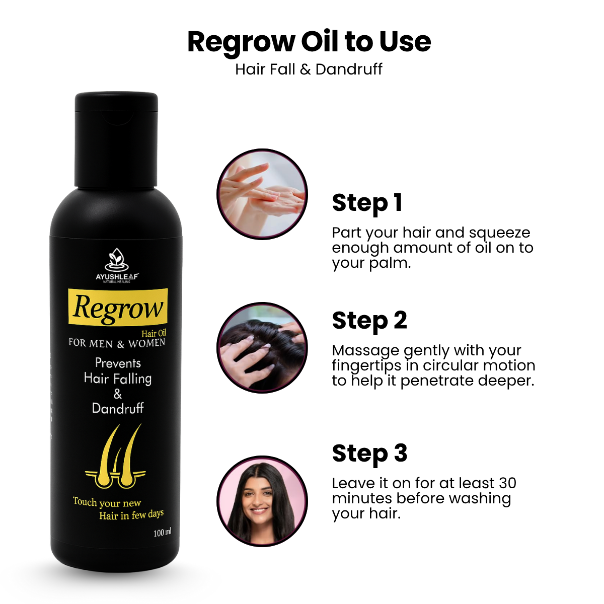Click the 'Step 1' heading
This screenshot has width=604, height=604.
click(367, 203)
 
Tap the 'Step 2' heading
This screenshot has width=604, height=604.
click(369, 321)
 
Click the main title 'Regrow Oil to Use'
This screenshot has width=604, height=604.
click(309, 42)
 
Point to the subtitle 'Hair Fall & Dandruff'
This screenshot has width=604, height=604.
click(309, 69)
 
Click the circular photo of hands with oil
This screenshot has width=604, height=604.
click(262, 194)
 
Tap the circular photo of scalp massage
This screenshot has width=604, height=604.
click(262, 348)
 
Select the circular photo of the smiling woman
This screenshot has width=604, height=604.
click(262, 501)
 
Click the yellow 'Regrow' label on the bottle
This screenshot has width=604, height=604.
click(118, 307)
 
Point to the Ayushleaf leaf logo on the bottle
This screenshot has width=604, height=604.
click(117, 260)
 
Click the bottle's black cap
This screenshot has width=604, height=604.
click(116, 140)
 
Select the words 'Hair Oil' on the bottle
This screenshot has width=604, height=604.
click(154, 333)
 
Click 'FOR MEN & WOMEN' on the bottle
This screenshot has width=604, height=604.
click(117, 343)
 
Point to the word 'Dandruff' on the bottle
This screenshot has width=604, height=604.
click(118, 408)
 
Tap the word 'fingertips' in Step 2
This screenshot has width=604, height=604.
click(374, 366)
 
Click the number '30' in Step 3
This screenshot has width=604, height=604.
click(507, 483)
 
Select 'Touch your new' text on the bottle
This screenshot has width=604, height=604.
click(107, 502)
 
